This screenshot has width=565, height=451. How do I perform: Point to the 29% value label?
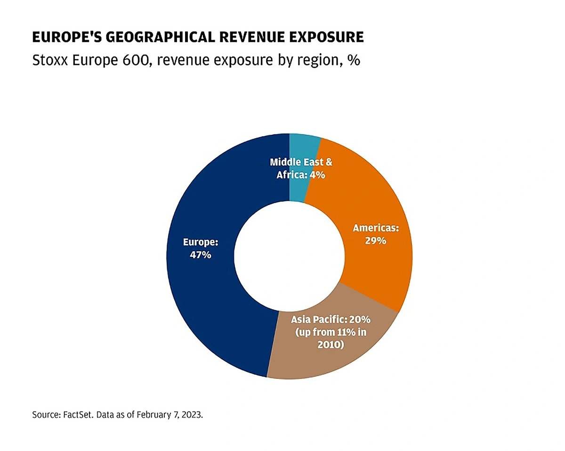pyautogui.click(x=376, y=240)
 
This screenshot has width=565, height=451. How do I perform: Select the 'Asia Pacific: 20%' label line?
pyautogui.click(x=331, y=320)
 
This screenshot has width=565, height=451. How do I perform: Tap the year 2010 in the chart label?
pyautogui.click(x=331, y=345)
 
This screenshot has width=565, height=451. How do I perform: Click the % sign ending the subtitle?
pyautogui.click(x=354, y=61)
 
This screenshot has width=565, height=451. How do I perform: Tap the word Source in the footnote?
pyautogui.click(x=44, y=415)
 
